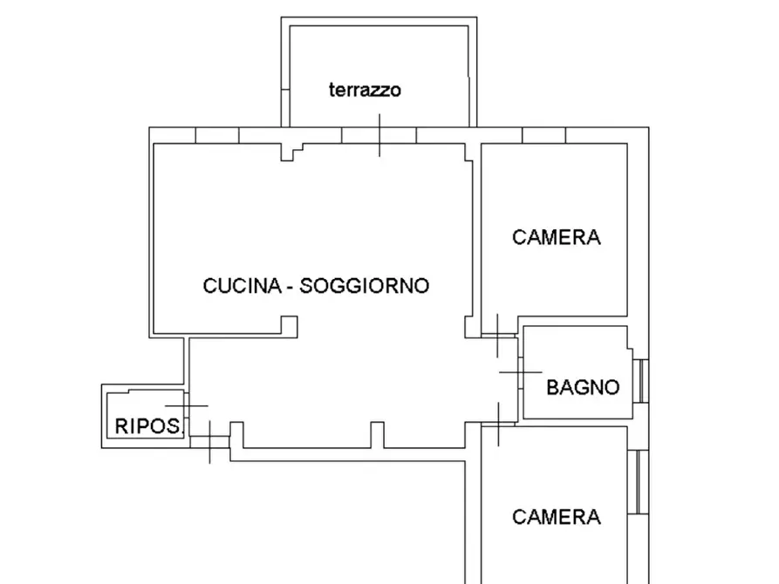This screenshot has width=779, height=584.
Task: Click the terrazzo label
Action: coord(365,90)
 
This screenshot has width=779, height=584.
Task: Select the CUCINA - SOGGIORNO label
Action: coord(316,285)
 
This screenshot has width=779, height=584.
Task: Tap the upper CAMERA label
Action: coord(557,237)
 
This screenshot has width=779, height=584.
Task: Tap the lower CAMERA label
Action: coord(557,517)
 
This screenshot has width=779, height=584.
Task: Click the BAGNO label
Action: coord(583,387)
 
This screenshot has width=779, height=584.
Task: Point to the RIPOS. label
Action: coord(148,426)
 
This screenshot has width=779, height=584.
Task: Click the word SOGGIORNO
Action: coord(364,285)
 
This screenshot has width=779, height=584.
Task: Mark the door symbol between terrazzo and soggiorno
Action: coord(379,137)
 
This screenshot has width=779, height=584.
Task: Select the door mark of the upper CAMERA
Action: coord(495,335)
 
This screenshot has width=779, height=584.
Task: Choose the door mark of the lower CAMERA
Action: coord(495,423)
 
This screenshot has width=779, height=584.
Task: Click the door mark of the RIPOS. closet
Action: coord(187,406)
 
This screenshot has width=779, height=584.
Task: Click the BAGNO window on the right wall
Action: coord(641,381)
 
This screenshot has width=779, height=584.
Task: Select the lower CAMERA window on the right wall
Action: coord(641,482)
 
